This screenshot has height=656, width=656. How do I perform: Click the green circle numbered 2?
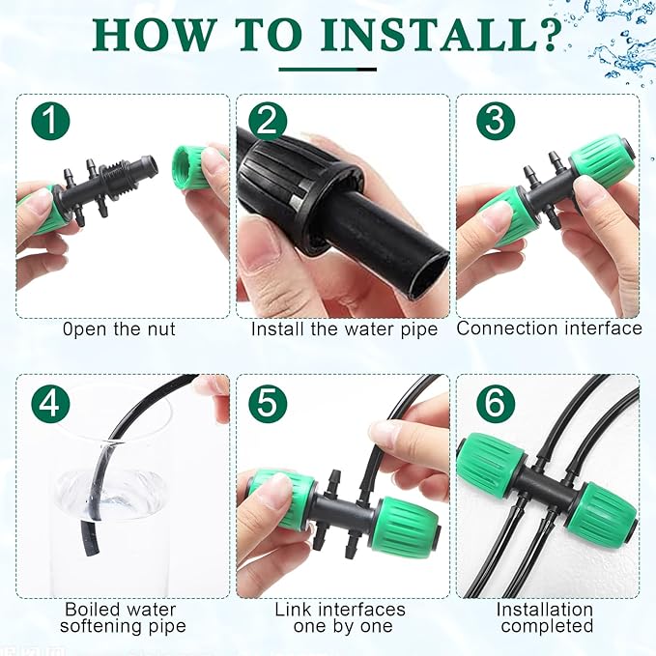pos(268,123)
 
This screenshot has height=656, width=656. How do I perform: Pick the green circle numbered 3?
pos(494,123)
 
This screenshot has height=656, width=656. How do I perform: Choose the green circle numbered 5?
pos(268,403)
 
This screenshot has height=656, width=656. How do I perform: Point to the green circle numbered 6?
pos(494,403)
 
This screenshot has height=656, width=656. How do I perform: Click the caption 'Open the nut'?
pos(119,328)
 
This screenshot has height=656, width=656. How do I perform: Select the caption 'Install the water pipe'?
pos(344,328)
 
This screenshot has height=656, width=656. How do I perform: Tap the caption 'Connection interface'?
pos(549,328)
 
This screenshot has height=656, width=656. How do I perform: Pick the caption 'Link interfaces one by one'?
pos(340,617)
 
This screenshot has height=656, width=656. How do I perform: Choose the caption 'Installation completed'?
pos(545,617)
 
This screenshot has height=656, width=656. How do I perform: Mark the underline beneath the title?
pos(327,69)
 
